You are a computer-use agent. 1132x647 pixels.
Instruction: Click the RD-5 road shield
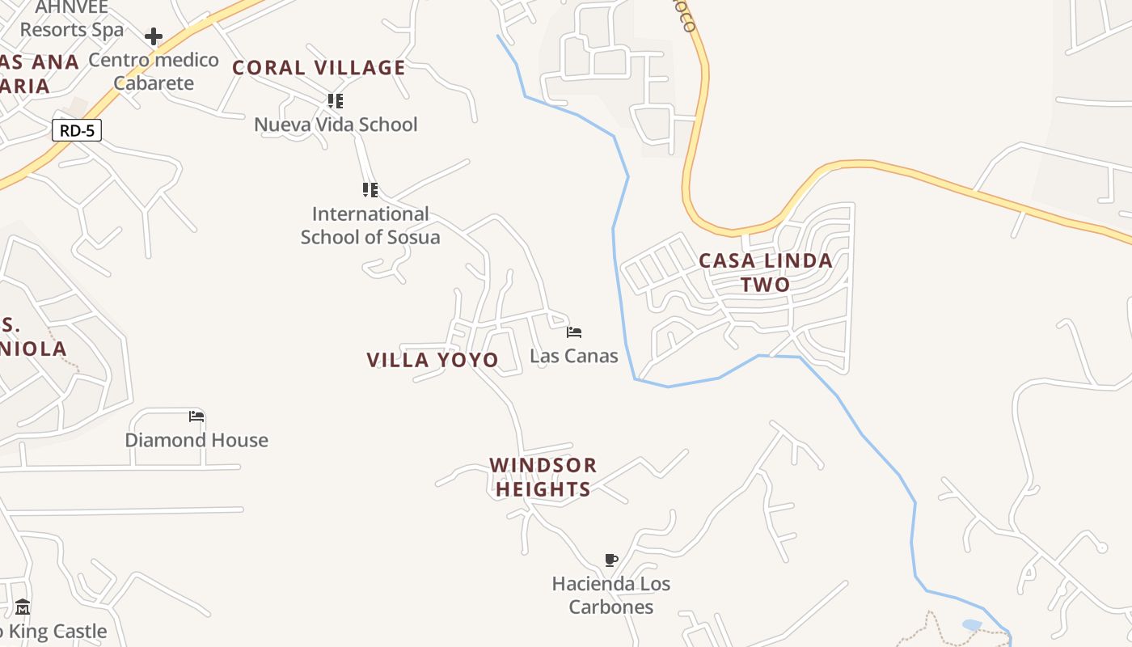[77, 130]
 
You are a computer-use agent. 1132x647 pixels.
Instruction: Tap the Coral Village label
[319, 68]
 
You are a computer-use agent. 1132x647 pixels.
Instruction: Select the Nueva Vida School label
[336, 125]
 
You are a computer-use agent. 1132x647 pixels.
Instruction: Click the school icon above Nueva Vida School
[336, 101]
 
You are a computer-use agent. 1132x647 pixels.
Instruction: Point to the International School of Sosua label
[370, 226]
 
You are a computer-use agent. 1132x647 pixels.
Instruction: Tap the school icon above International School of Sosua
[370, 190]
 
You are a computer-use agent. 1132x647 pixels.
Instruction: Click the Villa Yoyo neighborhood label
[433, 360]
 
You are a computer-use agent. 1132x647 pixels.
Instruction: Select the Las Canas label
[574, 356]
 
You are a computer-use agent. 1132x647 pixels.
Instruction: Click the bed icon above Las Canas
[574, 332]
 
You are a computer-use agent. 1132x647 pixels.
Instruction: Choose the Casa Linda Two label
[765, 273]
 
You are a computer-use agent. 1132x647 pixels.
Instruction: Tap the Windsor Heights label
[543, 477]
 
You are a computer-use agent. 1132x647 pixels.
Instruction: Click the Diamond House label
[196, 441]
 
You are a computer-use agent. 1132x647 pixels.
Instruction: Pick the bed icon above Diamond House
[196, 417]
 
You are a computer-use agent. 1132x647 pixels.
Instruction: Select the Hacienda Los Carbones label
[611, 595]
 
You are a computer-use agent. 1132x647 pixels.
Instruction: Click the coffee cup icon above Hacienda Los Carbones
[611, 560]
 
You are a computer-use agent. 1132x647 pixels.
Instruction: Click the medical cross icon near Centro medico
[154, 36]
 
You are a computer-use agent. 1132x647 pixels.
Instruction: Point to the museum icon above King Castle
[23, 607]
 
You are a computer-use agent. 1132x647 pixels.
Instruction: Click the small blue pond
[972, 625]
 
